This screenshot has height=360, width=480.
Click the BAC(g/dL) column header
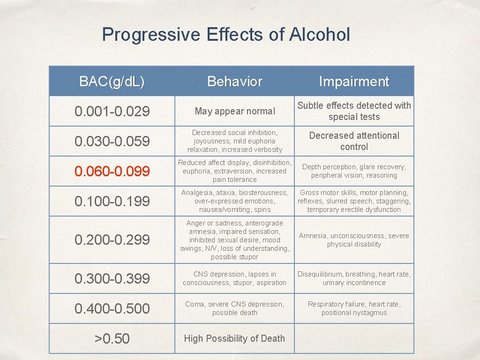coord(112,82)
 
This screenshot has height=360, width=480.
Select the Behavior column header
coord(235,82)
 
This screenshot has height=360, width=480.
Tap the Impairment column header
coord(354,82)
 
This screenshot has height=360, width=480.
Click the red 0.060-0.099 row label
coord(112,172)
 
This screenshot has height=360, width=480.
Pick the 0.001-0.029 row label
coord(112,112)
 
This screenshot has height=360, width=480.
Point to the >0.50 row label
coord(112,338)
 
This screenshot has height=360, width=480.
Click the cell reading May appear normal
coord(235,112)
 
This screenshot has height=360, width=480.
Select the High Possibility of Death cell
coord(234,338)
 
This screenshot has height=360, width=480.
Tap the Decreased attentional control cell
coord(354,141)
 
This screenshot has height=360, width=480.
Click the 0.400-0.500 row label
coord(112,308)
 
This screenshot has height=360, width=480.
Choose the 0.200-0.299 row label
coord(112,240)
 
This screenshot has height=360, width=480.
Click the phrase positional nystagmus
coord(354,313)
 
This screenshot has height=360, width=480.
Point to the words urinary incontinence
coord(354,283)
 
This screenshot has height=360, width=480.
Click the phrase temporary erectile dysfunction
coord(354,210)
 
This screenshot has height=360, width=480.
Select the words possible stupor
coord(234,257)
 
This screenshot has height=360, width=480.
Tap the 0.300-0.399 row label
coord(112,278)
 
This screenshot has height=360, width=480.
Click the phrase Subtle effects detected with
coord(354,106)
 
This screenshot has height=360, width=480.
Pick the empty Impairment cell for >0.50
coord(354,338)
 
